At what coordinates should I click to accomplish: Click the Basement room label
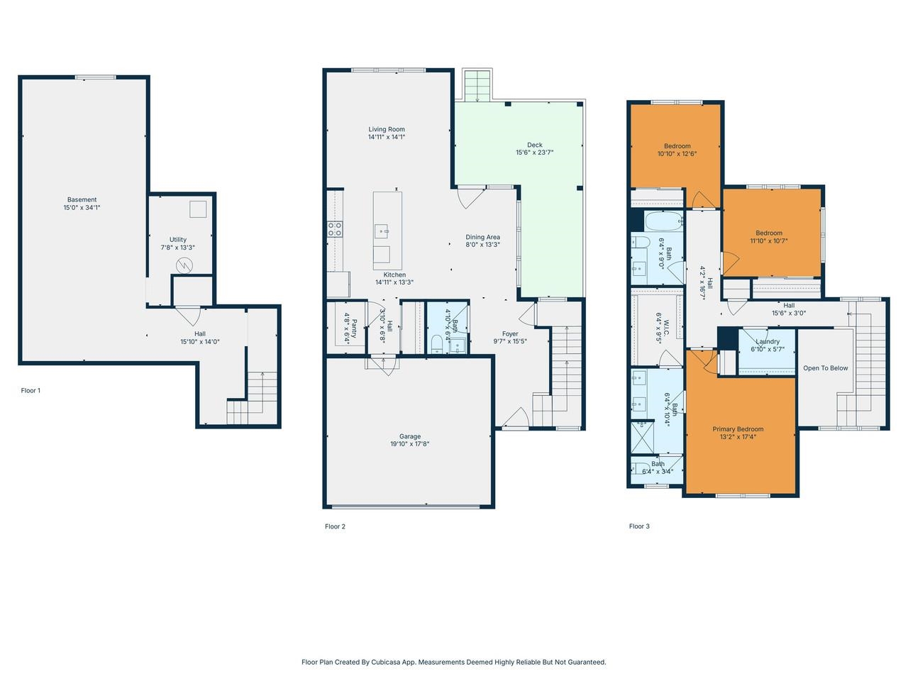[82, 199]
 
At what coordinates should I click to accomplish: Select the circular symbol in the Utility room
[184, 265]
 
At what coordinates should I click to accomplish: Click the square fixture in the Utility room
[198, 209]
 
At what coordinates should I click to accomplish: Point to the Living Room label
[387, 129]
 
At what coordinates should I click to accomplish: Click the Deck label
[534, 145]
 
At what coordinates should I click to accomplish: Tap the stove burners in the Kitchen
[335, 228]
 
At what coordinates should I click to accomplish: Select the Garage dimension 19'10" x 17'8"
[409, 444]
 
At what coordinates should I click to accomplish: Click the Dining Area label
[482, 237]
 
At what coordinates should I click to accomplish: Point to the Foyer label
[510, 333]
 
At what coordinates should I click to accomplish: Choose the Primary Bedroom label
[738, 429]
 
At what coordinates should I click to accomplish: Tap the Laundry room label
[768, 341]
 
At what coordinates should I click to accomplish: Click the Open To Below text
[825, 368]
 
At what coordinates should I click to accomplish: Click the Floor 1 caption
[31, 390]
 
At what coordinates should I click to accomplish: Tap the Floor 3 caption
[639, 526]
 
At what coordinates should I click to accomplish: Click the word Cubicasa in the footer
[385, 662]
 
